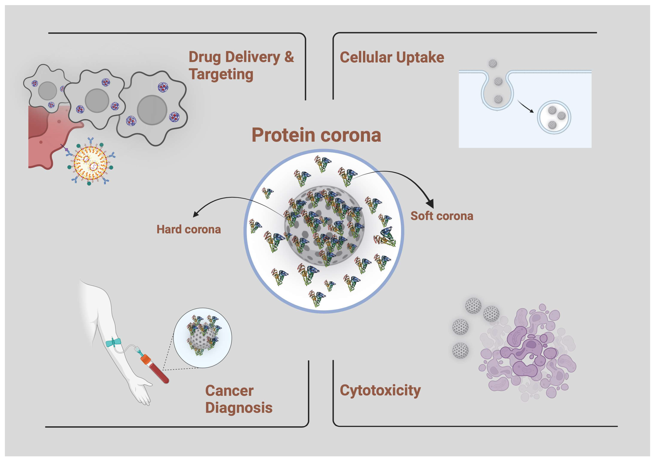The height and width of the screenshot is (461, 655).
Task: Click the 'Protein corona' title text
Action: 316,135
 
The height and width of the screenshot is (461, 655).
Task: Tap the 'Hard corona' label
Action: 189,230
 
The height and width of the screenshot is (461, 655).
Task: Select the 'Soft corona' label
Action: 442,216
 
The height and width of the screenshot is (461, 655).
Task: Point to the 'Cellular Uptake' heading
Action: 392,57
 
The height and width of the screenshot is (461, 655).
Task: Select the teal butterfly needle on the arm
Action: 114,343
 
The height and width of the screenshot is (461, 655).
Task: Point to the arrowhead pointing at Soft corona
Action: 430,203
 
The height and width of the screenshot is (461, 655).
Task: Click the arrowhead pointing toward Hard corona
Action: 196,214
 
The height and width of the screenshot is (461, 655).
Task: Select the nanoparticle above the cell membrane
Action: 493,63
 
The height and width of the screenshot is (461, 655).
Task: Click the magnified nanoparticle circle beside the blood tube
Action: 202,338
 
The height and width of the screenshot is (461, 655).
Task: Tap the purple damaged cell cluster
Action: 526,353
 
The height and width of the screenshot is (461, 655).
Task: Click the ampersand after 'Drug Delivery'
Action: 289,57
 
